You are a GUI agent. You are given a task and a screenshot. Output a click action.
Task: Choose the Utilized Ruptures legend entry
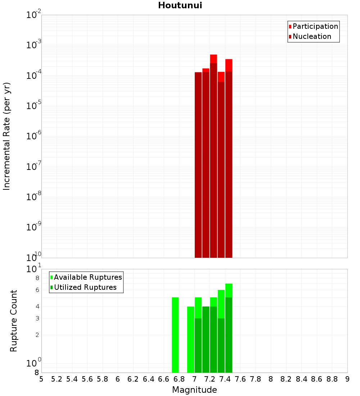85,287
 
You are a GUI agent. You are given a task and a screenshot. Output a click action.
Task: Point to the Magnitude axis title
194,390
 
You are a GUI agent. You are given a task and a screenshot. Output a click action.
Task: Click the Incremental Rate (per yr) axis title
7,136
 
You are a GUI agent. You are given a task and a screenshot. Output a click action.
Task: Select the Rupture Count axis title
14,321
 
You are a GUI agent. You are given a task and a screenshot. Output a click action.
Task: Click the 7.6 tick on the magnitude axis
240,379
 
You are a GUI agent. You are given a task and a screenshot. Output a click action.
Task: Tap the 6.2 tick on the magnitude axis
133,379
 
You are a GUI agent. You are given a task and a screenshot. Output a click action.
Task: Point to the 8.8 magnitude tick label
332,379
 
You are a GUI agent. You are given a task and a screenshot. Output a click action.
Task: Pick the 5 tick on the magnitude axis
41,379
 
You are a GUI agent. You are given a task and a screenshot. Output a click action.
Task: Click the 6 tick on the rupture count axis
37,290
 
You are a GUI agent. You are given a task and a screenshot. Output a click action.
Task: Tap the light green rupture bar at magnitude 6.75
175,335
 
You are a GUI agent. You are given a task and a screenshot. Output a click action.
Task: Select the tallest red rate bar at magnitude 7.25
213,59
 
